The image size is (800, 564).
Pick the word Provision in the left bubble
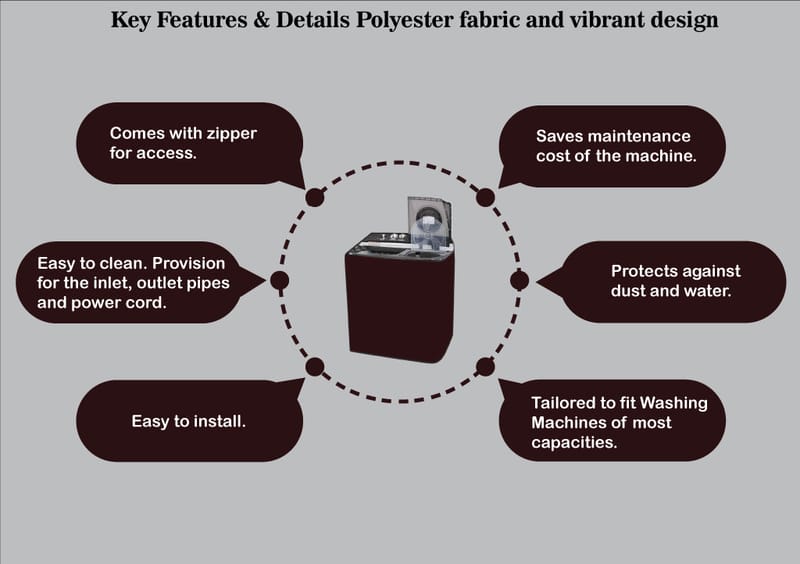[x=190, y=264]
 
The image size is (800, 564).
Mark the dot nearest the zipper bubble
[x=314, y=196]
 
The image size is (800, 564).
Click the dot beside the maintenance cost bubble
[x=485, y=197]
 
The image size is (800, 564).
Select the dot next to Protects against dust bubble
[x=519, y=280]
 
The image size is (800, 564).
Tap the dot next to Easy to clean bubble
[x=280, y=280]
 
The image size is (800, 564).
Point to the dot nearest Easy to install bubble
[x=314, y=366]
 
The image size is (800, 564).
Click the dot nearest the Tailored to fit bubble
[x=485, y=366]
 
